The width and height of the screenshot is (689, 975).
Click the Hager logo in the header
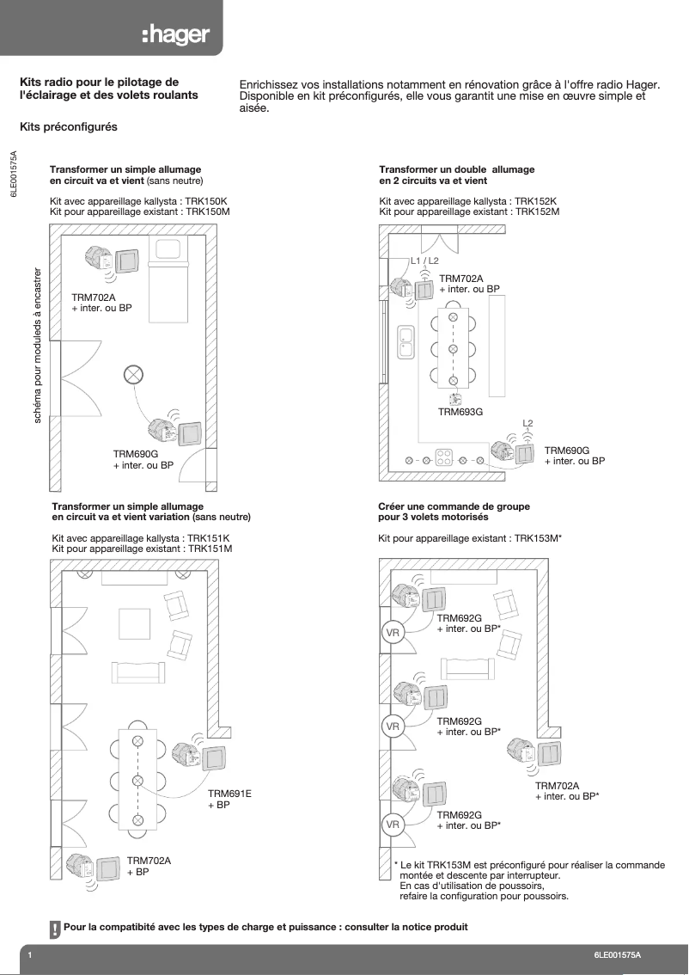point(180,34)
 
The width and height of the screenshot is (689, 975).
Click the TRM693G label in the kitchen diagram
point(460,412)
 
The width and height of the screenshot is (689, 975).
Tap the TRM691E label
point(229,794)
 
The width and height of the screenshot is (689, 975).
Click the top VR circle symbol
point(393,634)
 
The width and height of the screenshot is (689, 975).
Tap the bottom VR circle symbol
point(393,824)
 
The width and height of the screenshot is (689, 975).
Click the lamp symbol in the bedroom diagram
point(134,374)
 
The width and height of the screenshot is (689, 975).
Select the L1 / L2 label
point(424,261)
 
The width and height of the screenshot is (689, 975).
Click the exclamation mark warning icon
point(55,929)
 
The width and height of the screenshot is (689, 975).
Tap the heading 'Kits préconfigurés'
point(68,126)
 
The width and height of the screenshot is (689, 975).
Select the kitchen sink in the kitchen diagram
point(406,342)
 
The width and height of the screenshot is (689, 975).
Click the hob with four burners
point(444,456)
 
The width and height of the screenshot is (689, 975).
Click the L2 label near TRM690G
point(528,423)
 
